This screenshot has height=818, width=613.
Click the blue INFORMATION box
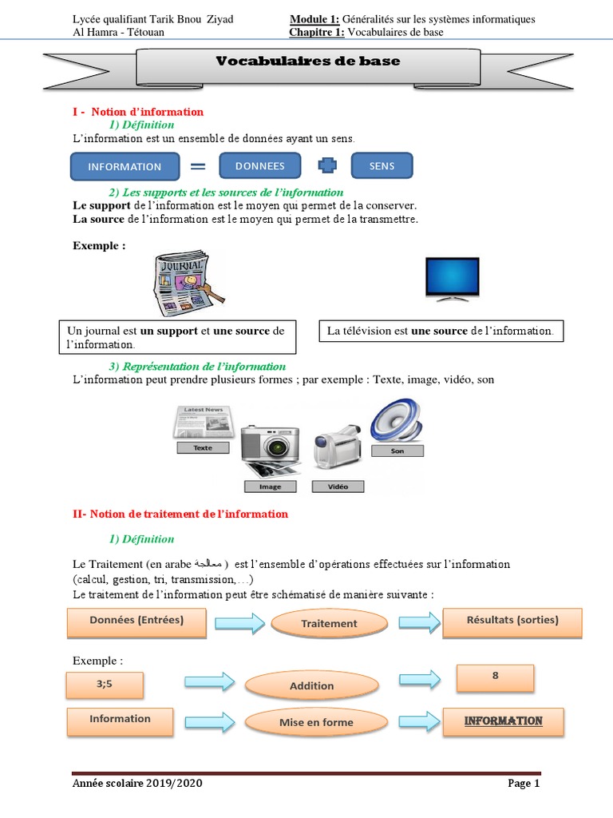click(125, 166)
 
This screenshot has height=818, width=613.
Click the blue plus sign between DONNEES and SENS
click(327, 166)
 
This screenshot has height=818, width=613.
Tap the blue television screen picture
click(452, 278)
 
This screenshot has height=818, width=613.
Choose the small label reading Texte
click(203, 448)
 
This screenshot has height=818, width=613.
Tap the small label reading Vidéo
click(338, 486)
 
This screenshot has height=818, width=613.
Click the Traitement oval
click(329, 623)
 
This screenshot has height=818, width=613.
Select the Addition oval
click(311, 685)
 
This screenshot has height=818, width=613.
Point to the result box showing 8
click(495, 677)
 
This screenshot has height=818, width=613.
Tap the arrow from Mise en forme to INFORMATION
click(419, 721)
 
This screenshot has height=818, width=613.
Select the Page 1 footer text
click(524, 784)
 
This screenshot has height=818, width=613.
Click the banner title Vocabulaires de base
click(308, 62)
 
